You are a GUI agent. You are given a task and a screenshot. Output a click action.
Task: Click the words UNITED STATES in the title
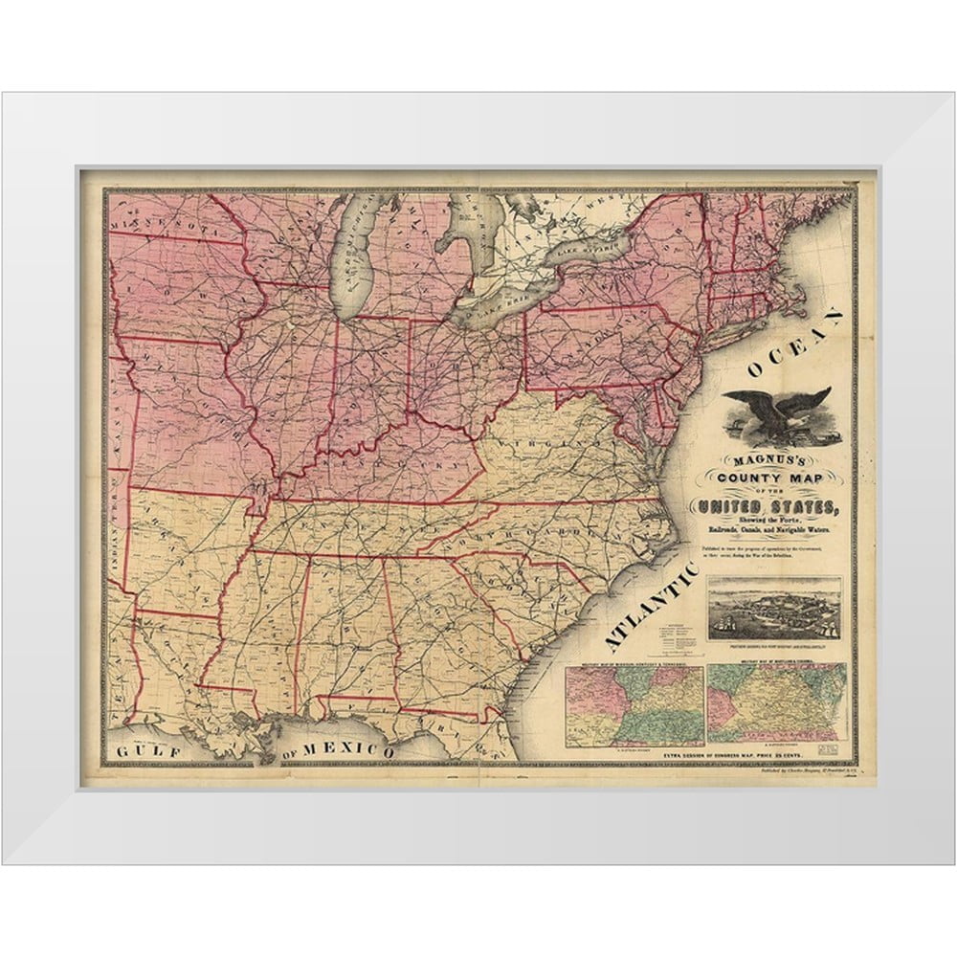(x=771, y=506)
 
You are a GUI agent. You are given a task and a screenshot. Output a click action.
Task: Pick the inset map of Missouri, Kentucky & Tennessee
(x=634, y=705)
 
